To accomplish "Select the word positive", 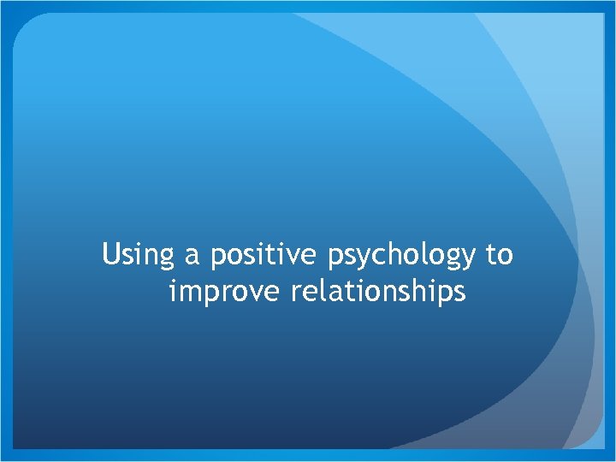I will (260, 256).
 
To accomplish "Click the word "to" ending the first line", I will (500, 256).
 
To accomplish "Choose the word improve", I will (226, 293).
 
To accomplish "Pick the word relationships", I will (379, 293).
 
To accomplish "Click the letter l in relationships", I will (324, 291).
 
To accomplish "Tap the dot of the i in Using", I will (137, 245).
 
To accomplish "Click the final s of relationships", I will (459, 293).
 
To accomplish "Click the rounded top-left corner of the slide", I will (26, 26).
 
